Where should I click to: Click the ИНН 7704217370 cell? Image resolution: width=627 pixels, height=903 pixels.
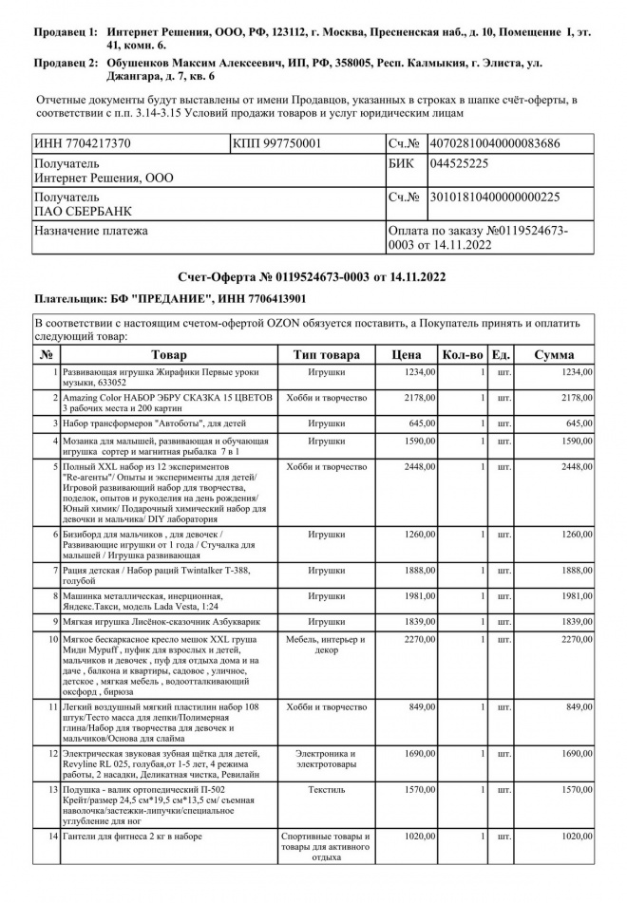point(83,143)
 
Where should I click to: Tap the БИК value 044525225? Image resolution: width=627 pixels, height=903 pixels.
point(459,164)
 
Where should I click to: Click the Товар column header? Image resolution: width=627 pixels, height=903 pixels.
point(169,355)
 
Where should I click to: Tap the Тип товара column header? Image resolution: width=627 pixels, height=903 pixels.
point(326,355)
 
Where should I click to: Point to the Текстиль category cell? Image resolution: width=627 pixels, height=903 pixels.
point(326,789)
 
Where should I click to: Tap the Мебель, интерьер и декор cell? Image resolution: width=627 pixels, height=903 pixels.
point(326,646)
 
